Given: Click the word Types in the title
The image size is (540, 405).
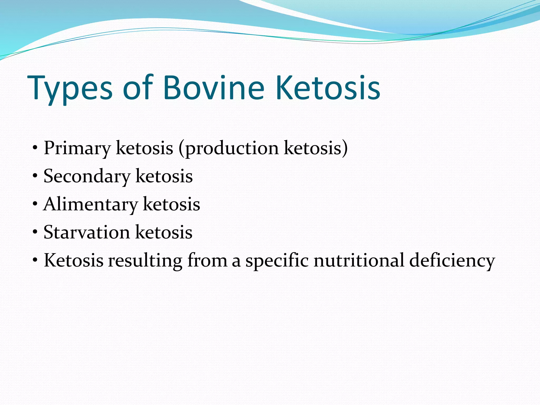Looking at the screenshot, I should point(70,88).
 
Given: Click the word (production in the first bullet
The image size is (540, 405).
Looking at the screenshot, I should point(228,148).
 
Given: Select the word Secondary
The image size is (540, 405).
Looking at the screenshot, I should point(87,176).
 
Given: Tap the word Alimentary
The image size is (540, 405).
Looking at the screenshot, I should point(91,205).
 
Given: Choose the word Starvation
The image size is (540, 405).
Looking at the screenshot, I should point(87,232).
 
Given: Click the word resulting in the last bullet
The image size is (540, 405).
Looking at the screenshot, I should point(145,261).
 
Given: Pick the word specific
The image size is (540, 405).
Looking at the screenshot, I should point(277,261).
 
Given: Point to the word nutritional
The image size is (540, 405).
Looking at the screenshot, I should point(359,260).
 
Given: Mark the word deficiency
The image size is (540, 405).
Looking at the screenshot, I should point(452,261).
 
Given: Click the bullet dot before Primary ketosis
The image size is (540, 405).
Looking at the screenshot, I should point(35,148).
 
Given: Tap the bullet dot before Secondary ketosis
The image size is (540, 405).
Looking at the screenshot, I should point(35,176).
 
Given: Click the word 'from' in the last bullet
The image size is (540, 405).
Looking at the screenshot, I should point(207,260).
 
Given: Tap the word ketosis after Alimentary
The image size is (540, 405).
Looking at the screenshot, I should point(171,204).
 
